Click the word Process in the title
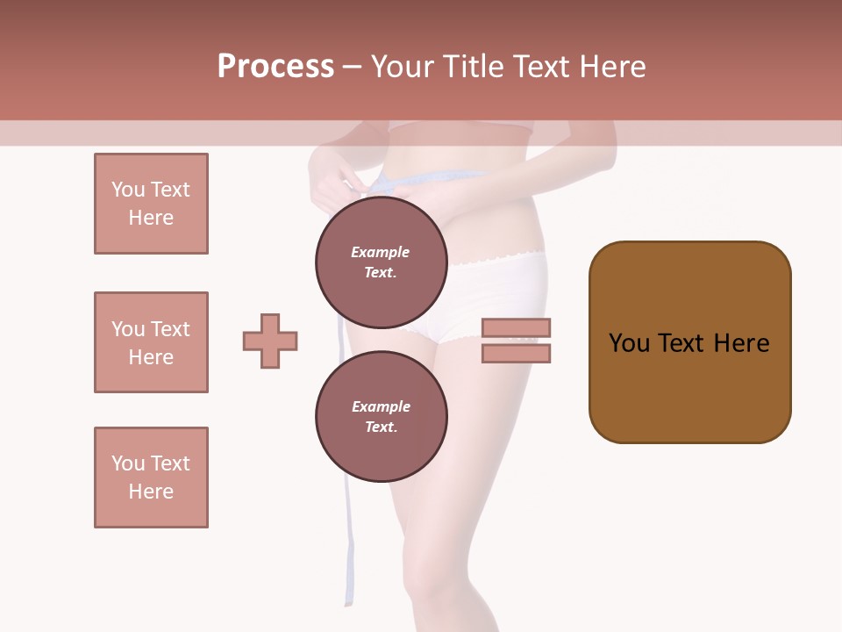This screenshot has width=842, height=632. point(275,67)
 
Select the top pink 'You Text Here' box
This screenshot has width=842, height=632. point(151,204)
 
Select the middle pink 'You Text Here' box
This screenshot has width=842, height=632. point(151,342)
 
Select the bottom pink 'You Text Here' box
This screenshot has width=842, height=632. point(151,478)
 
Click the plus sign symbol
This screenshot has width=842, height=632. point(270,341)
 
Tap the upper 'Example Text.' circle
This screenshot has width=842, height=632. point(381,262)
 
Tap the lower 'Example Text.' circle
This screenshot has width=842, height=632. point(381,416)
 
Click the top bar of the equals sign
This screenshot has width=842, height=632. point(516,327)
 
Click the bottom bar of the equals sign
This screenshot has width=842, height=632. point(516,353)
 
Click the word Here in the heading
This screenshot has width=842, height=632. point(610,67)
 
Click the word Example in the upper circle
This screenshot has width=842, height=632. point(381,252)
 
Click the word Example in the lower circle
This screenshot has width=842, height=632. point(381,406)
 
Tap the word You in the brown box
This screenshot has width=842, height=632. point(629,343)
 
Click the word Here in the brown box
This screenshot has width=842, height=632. point(741,343)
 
